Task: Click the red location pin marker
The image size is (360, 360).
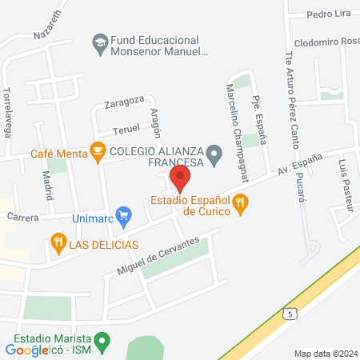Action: (180, 177)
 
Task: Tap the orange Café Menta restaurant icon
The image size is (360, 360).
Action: (98, 149)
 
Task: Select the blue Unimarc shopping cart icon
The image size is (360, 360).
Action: (123, 214)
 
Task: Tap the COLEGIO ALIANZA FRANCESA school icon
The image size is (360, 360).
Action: (214, 152)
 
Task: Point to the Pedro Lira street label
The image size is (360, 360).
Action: (330, 14)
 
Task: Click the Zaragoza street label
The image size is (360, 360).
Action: (124, 101)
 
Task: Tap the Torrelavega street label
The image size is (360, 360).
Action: (7, 111)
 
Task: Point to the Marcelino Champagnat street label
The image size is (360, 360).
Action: (238, 123)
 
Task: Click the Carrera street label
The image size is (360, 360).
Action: (23, 217)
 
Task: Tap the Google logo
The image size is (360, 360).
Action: (27, 349)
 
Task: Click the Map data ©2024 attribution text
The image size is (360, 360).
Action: (325, 353)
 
